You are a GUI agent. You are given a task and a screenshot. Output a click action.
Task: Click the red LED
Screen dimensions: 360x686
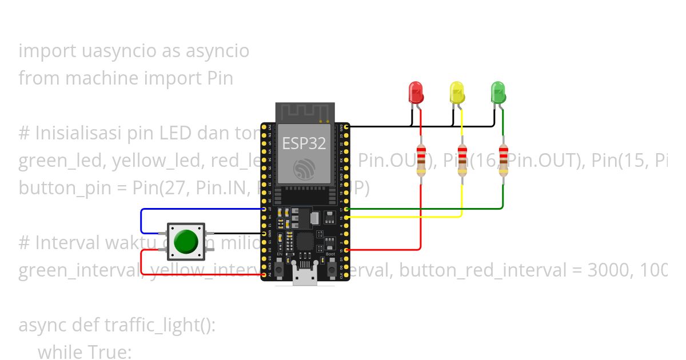pyautogui.click(x=416, y=92)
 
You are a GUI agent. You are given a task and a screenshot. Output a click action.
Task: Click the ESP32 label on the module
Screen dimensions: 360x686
pyautogui.click(x=304, y=143)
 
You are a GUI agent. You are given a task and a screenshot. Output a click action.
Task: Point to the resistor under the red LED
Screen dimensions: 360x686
pyautogui.click(x=421, y=160)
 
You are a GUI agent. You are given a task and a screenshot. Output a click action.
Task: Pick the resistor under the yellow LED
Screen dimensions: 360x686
pyautogui.click(x=462, y=160)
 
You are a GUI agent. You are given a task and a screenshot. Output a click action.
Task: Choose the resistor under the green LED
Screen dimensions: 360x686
pyautogui.click(x=503, y=160)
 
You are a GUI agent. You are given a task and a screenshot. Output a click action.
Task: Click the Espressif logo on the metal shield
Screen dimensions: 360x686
pyautogui.click(x=304, y=169)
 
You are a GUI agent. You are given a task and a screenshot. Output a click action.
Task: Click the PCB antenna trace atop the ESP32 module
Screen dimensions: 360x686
pyautogui.click(x=304, y=113)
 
